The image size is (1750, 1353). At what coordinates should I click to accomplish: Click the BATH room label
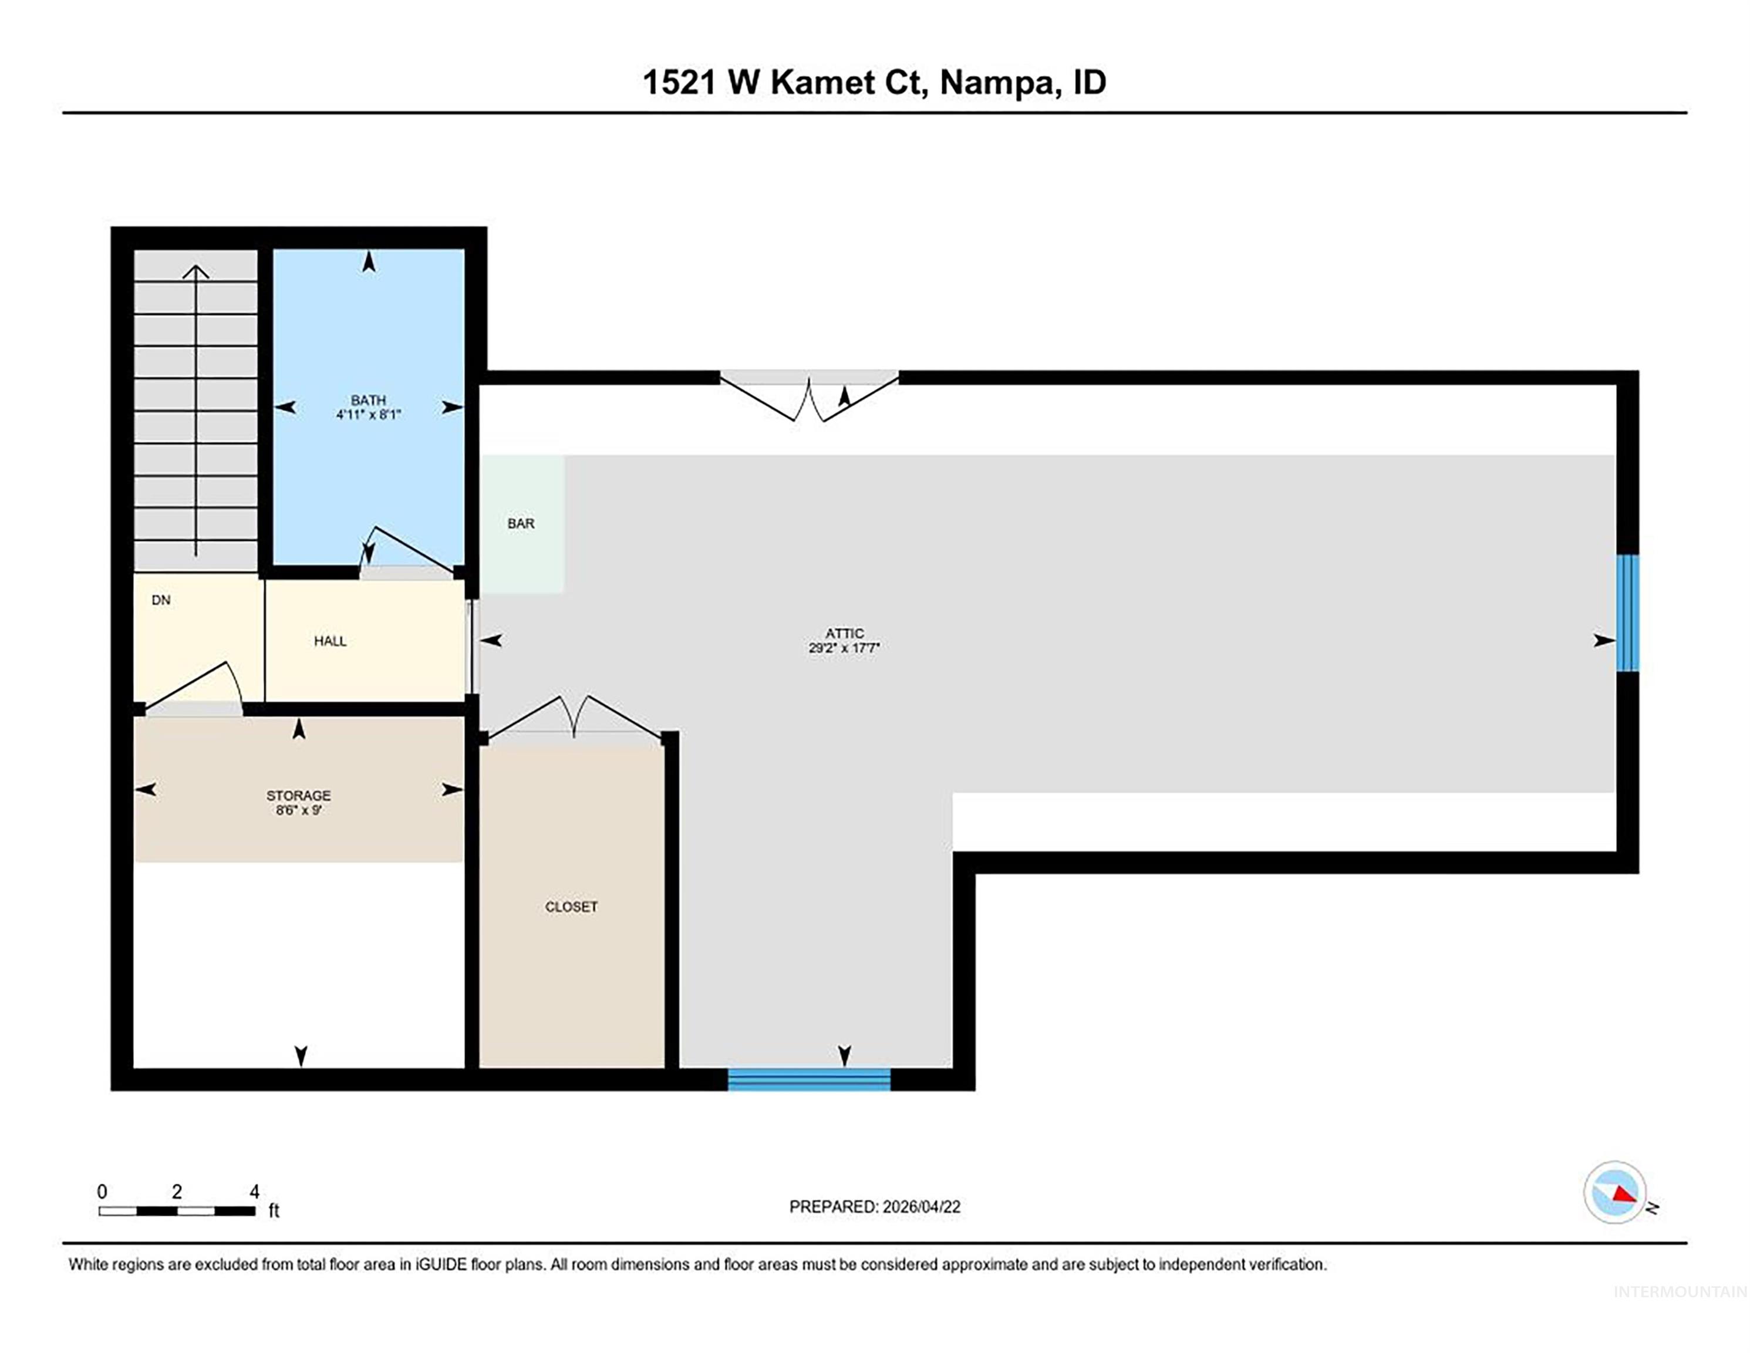(x=368, y=400)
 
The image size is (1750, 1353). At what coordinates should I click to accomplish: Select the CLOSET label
(x=571, y=907)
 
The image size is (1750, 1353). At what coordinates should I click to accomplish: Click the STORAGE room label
(x=298, y=795)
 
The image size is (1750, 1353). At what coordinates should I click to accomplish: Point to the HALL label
(x=330, y=641)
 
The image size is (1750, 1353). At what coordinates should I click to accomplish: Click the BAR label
(x=521, y=523)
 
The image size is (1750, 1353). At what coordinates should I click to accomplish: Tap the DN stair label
(x=161, y=600)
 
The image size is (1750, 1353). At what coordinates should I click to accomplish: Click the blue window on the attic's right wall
(x=1627, y=613)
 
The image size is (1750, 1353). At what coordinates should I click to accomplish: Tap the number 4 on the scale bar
(x=254, y=1192)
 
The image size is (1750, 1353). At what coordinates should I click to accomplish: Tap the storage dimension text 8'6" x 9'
(x=298, y=810)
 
